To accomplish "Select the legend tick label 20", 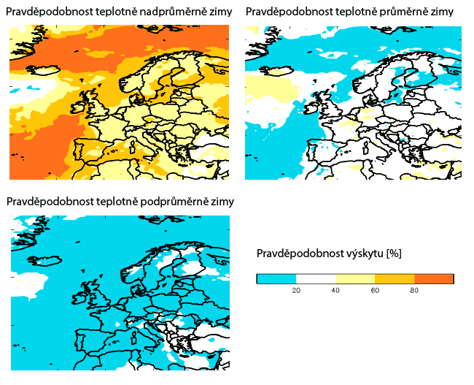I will point(296,290).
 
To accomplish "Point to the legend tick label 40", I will point(335,290).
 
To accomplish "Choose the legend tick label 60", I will point(375,290).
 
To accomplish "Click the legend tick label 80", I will point(414,290).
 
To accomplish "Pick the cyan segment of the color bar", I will point(276,278).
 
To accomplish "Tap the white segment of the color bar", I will point(316,278).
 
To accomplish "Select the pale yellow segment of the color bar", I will point(355,278).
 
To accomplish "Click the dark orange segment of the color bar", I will point(434,278).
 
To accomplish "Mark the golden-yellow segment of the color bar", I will point(395,278).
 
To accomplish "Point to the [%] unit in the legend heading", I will point(392,254).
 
